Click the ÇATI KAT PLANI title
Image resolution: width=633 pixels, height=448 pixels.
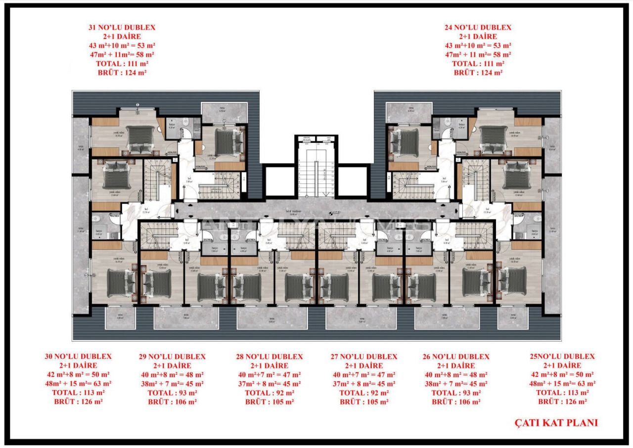(x=556, y=423)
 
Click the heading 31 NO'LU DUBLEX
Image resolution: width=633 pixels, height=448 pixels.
(x=122, y=28)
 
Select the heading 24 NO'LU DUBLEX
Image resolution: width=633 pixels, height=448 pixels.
(x=478, y=28)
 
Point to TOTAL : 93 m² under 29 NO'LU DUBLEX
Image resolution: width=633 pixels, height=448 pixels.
(x=172, y=393)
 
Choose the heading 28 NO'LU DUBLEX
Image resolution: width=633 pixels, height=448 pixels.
(x=269, y=357)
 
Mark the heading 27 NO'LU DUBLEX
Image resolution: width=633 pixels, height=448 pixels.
(x=363, y=357)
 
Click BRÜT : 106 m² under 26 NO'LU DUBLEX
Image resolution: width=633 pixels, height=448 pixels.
(x=456, y=402)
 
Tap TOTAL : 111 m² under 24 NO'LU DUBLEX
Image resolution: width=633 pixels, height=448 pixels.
(x=478, y=64)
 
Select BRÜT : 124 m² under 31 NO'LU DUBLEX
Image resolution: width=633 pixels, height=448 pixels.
(x=122, y=73)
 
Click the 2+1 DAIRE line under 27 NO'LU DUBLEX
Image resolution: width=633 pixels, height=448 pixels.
(x=363, y=365)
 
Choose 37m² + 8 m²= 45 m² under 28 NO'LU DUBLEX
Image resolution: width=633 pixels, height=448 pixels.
(x=269, y=384)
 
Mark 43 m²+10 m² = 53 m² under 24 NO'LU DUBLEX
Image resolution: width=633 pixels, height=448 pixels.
(x=478, y=45)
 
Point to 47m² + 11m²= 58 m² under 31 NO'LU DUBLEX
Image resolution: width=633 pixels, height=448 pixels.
(x=122, y=55)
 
